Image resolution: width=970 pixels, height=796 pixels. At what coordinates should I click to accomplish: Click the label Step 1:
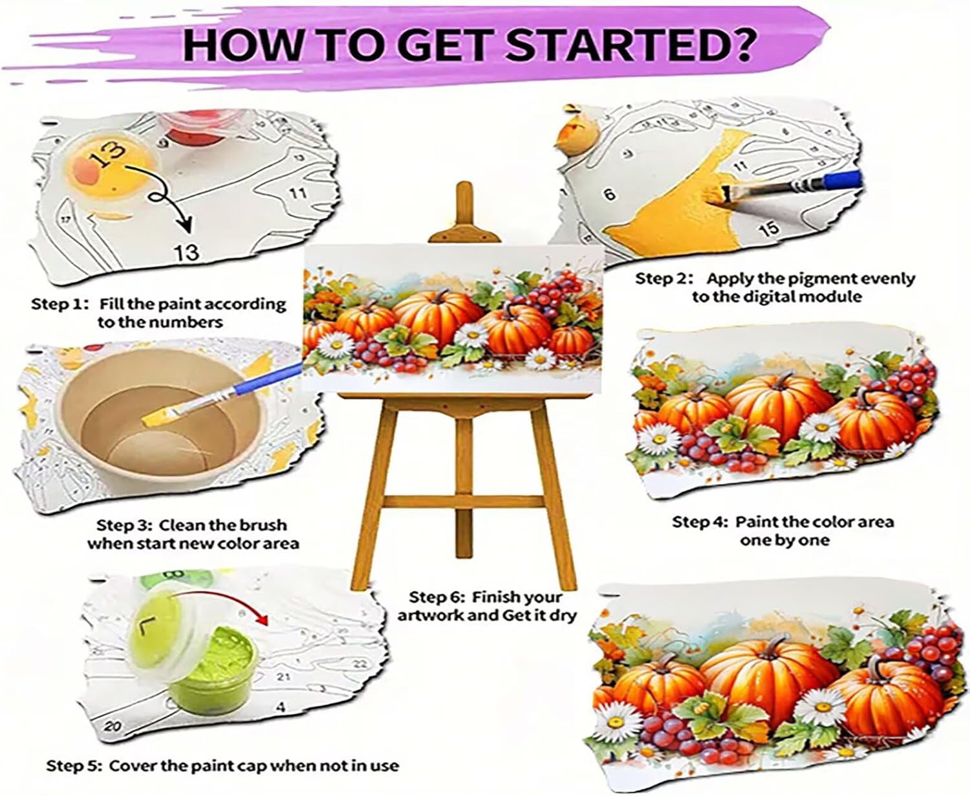click(59, 304)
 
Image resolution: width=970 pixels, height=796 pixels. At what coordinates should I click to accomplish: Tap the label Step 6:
click(437, 597)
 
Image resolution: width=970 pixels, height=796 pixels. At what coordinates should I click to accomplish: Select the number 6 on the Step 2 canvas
click(610, 194)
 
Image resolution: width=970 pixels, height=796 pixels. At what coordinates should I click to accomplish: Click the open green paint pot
click(213, 674)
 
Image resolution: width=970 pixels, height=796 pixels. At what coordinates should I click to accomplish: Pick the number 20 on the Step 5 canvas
click(113, 726)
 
